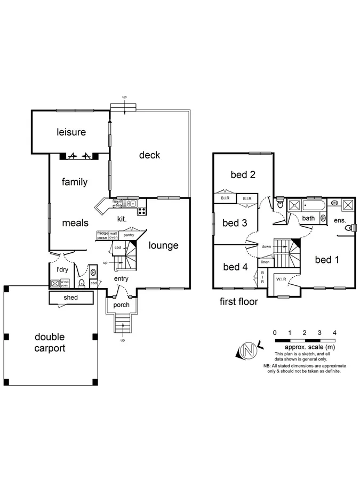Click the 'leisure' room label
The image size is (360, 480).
tap(71, 132)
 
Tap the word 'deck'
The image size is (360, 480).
tap(149, 155)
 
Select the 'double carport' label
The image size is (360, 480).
tap(50, 342)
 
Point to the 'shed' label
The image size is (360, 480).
tap(71, 298)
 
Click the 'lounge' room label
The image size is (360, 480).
tap(163, 245)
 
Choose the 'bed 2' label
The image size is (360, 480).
tap(243, 174)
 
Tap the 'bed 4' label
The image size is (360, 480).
tap(235, 267)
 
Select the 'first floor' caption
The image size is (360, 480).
tap(239, 301)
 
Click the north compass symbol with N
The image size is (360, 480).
tap(247, 350)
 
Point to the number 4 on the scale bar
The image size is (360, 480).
tap(334, 332)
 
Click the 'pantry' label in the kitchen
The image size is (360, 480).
tap(129, 235)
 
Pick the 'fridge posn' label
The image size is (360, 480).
tap(102, 236)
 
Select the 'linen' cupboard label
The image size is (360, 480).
tap(265, 262)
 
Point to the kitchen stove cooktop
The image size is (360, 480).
tap(142, 210)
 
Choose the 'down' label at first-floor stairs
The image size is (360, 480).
tap(267, 246)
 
